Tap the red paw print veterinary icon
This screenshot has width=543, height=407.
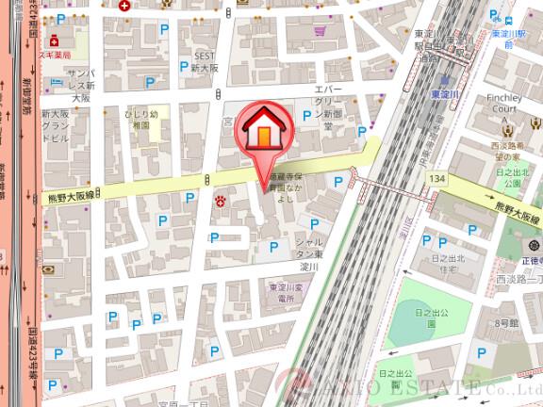(221, 200)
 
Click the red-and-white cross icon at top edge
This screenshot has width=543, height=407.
(124, 5)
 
